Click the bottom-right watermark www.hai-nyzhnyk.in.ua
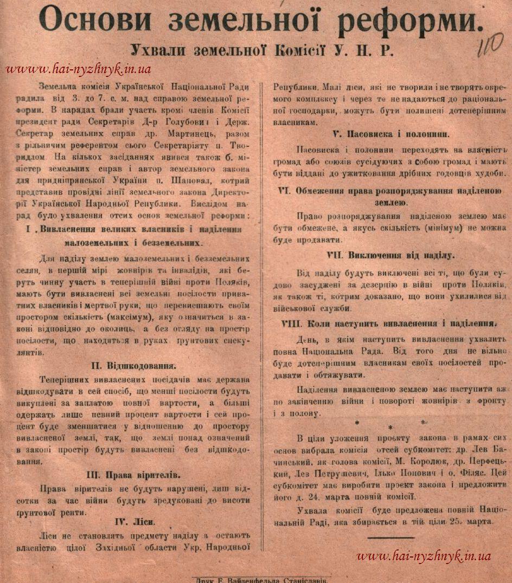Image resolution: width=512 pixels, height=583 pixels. pos(424,555)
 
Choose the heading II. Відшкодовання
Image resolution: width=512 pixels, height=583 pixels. pos(140,365)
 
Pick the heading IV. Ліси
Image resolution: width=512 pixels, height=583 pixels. pos(135,522)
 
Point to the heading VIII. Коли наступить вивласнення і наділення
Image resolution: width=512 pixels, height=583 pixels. pos(389,323)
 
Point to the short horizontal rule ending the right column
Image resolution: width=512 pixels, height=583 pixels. pos(390,537)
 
